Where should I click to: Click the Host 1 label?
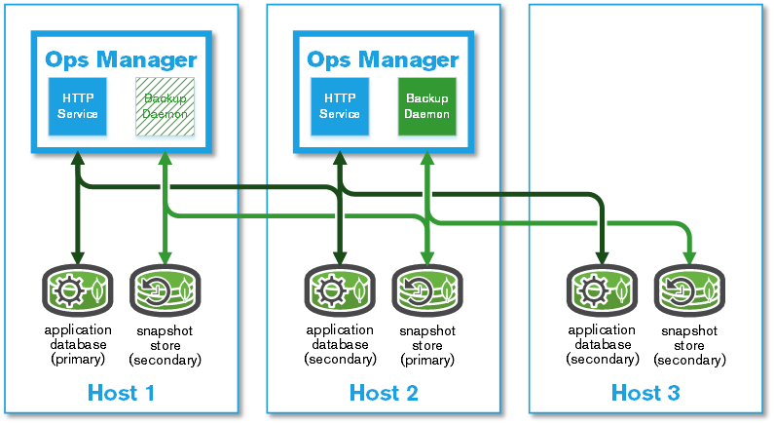pos(121,393)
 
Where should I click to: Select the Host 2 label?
pos(384,393)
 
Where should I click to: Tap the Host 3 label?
pos(645,393)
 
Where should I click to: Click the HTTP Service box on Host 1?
pos(78,106)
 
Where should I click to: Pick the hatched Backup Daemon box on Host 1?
pos(165,106)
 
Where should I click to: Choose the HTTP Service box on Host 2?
pos(340,106)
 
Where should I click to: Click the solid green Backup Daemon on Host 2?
pos(426,106)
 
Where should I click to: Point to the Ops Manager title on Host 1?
pos(121,58)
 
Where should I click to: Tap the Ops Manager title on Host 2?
pos(383,58)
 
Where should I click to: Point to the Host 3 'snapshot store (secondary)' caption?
pos(689,345)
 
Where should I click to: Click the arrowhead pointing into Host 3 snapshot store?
pos(689,258)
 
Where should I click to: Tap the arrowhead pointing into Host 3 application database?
pos(602,258)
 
